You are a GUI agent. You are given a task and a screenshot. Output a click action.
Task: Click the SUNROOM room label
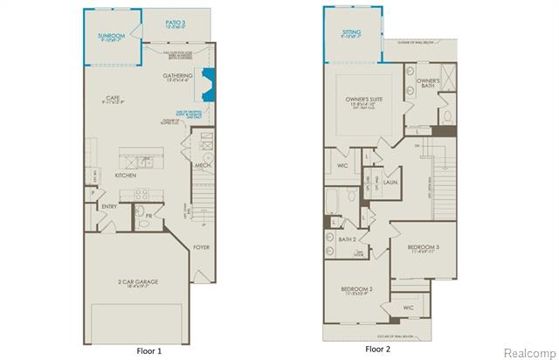click(112, 36)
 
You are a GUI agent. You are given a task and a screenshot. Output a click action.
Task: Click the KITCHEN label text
click(126, 175)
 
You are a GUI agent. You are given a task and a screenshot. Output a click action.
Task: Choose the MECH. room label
click(203, 163)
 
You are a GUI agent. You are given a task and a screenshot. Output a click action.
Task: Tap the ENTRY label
click(109, 207)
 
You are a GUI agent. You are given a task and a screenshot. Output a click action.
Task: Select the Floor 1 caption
click(149, 350)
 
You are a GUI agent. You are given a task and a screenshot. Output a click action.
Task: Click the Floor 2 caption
click(378, 350)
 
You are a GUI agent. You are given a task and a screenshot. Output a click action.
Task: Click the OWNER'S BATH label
click(427, 83)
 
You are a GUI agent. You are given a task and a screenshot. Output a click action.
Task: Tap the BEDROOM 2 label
click(358, 288)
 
